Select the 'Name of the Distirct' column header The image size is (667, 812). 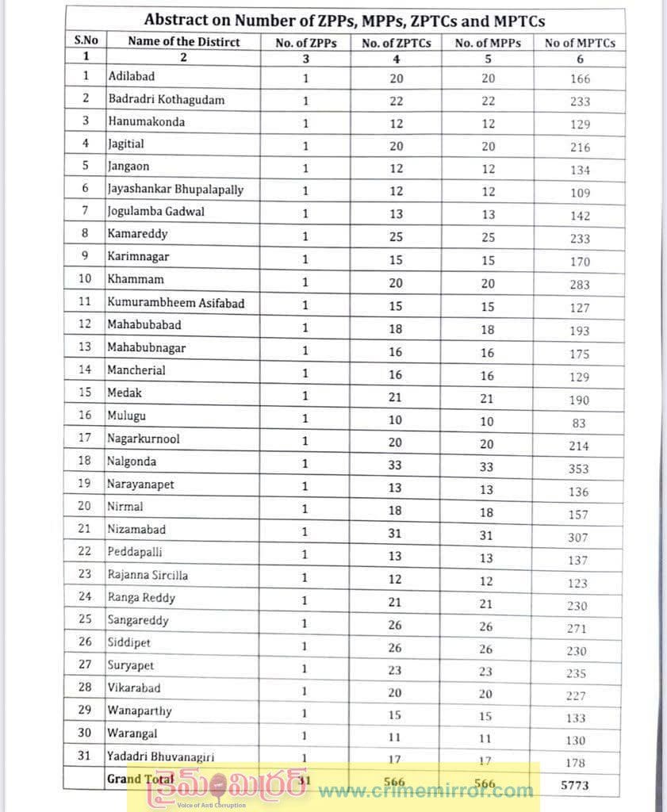pyautogui.click(x=183, y=42)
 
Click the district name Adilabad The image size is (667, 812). pyautogui.click(x=131, y=77)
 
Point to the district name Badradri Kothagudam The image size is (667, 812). pyautogui.click(x=166, y=100)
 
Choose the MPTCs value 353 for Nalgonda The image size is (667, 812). pyautogui.click(x=578, y=469)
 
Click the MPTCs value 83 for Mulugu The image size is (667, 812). pyautogui.click(x=578, y=423)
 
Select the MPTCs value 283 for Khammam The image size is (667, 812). pyautogui.click(x=578, y=285)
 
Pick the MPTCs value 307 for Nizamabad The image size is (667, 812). pyautogui.click(x=578, y=537)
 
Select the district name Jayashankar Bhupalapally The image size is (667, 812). pyautogui.click(x=175, y=190)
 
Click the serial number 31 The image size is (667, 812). pyautogui.click(x=85, y=756)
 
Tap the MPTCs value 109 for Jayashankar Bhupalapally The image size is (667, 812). pyautogui.click(x=578, y=193)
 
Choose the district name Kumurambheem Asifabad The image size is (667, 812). pyautogui.click(x=176, y=302)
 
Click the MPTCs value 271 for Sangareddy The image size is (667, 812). pyautogui.click(x=578, y=628)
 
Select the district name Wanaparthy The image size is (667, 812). pyautogui.click(x=140, y=710)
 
